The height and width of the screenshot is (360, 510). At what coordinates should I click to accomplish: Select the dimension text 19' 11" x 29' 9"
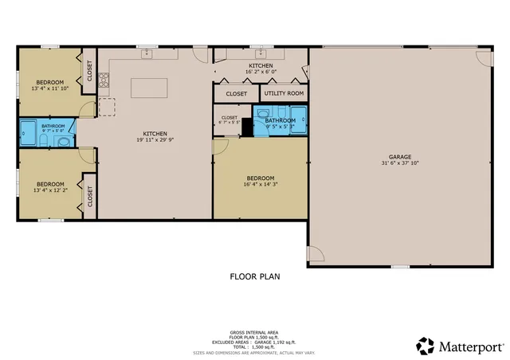155,140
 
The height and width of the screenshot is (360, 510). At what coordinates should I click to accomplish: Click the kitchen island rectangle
155,87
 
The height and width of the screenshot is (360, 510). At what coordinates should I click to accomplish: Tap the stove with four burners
104,80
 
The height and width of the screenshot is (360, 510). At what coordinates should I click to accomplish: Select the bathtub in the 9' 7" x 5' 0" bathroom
29,133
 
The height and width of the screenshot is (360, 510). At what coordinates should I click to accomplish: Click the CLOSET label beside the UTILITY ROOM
237,94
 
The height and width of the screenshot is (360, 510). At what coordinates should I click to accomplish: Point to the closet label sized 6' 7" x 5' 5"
229,120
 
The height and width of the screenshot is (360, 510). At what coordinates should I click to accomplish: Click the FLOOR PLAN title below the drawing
254,277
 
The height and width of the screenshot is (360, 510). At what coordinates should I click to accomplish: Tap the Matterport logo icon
426,346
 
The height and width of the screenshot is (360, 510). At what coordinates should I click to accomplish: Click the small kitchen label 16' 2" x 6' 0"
261,69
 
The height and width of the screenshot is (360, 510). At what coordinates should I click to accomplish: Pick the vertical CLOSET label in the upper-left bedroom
89,72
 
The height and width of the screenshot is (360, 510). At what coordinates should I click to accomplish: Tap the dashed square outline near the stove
107,105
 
